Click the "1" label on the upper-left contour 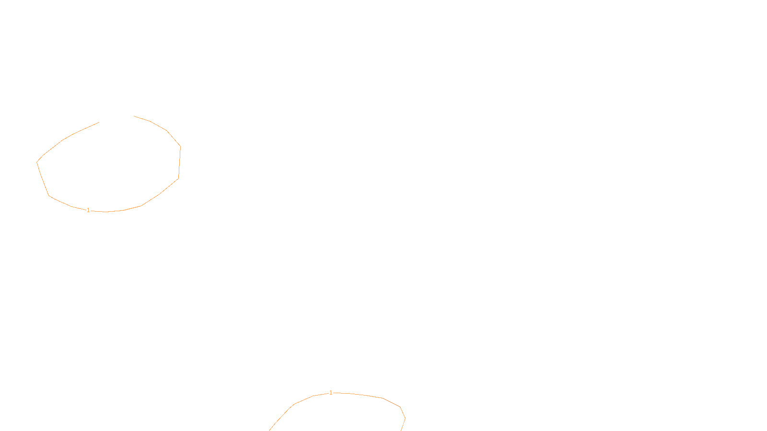(x=88, y=210)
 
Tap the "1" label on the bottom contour (x=331, y=393)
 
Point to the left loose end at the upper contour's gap (x=99, y=123)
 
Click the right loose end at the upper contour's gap (x=134, y=116)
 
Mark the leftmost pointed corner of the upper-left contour (x=36, y=162)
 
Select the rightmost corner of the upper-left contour (x=180, y=147)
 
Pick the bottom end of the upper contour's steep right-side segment (x=178, y=179)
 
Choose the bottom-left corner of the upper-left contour (x=49, y=196)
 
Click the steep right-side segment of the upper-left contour (x=179, y=162)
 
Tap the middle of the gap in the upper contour (x=116, y=119)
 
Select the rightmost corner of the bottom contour (x=406, y=418)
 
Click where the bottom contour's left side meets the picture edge (x=269, y=431)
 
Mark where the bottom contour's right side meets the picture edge (x=401, y=431)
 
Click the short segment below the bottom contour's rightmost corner (x=403, y=424)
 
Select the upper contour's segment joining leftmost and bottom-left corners (x=43, y=179)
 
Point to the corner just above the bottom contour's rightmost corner (x=400, y=407)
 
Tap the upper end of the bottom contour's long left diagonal (x=294, y=404)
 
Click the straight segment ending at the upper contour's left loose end (x=86, y=128)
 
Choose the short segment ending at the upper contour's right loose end (x=142, y=119)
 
